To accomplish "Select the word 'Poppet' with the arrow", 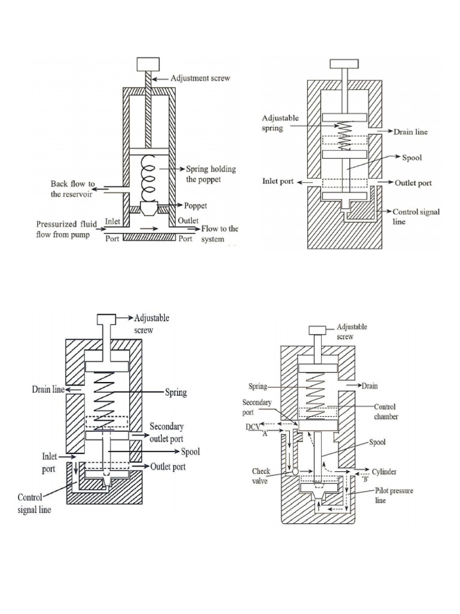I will click(196, 206).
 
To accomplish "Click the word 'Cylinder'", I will click(384, 472).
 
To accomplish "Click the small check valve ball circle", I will click(295, 471).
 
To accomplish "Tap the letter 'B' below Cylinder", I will click(366, 479).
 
